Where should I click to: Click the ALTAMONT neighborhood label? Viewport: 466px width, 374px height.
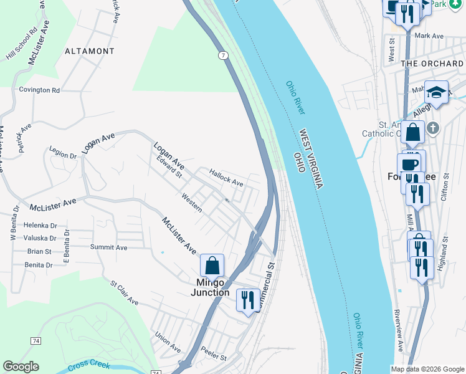pos(90,51)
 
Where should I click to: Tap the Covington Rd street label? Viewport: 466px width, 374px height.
pos(39,90)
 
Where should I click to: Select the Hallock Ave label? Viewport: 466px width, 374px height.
pos(226,178)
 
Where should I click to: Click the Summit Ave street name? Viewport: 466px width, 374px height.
pos(108,247)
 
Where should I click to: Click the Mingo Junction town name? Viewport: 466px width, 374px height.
pos(209,287)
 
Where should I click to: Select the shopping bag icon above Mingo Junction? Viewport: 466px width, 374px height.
pos(212,265)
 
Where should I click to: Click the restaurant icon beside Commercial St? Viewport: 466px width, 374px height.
pos(248,300)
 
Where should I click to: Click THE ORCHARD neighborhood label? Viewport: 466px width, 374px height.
pos(432,64)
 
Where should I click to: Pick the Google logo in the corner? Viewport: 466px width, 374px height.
pos(21,367)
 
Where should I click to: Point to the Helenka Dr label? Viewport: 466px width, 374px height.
pos(40,225)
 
